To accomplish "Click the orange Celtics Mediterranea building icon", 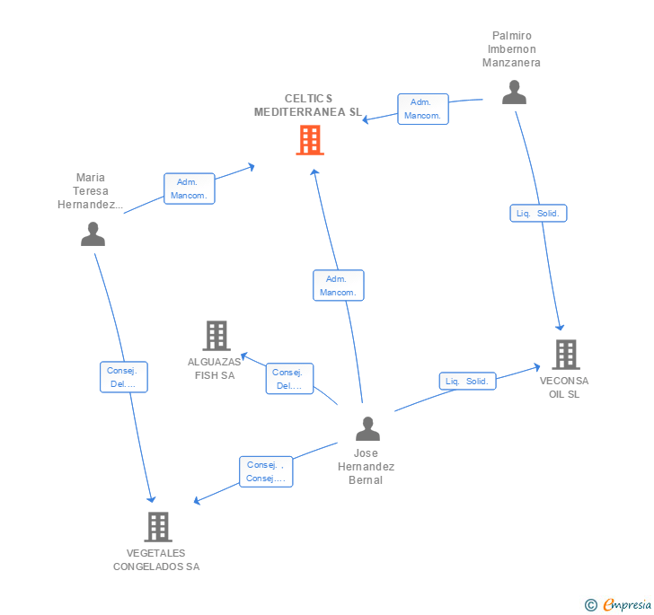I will tap(310, 140).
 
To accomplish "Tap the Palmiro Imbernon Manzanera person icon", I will tap(514, 92).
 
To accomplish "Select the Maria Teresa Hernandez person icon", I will tap(93, 234).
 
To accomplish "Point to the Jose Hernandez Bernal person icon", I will tap(367, 429).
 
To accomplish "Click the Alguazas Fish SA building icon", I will tap(217, 336).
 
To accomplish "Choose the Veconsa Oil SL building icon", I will tap(565, 355).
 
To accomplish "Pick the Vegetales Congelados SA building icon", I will tap(158, 527).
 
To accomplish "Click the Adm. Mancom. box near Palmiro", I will tap(422, 109).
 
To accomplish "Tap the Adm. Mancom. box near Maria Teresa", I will tap(189, 189).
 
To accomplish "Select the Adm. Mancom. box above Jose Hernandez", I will tap(339, 286).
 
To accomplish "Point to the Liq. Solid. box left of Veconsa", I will tap(467, 382).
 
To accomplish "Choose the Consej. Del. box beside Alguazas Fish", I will tap(289, 379).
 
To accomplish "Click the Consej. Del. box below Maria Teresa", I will tap(122, 377).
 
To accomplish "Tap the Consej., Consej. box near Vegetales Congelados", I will tap(266, 471).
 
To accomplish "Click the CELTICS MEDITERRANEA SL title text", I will tap(308, 105).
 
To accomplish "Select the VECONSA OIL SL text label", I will tap(565, 387).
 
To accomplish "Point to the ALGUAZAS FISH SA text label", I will tap(215, 368).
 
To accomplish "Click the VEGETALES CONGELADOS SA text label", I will tap(156, 560).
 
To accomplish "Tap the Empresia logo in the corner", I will tap(618, 605).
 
